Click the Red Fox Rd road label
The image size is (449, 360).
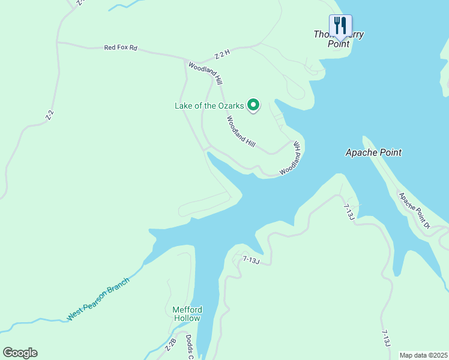click(121, 47)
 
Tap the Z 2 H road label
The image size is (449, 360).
click(222, 56)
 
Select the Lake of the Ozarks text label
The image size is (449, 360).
click(209, 106)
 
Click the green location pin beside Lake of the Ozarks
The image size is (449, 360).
click(253, 106)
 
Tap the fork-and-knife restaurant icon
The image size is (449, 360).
click(340, 25)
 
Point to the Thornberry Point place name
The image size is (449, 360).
click(339, 39)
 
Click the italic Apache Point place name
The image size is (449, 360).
click(373, 152)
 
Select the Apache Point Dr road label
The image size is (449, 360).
click(415, 210)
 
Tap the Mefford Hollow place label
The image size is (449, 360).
click(187, 314)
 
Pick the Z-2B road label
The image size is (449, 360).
click(170, 345)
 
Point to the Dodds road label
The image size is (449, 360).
click(188, 347)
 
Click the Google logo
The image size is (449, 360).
click(20, 353)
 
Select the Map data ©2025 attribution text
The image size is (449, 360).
click(423, 355)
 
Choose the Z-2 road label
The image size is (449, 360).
click(50, 115)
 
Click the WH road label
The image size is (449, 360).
click(296, 146)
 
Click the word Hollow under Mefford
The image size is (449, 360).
click(187, 318)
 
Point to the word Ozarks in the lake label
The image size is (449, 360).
click(231, 106)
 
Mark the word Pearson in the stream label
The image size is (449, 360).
click(97, 299)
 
